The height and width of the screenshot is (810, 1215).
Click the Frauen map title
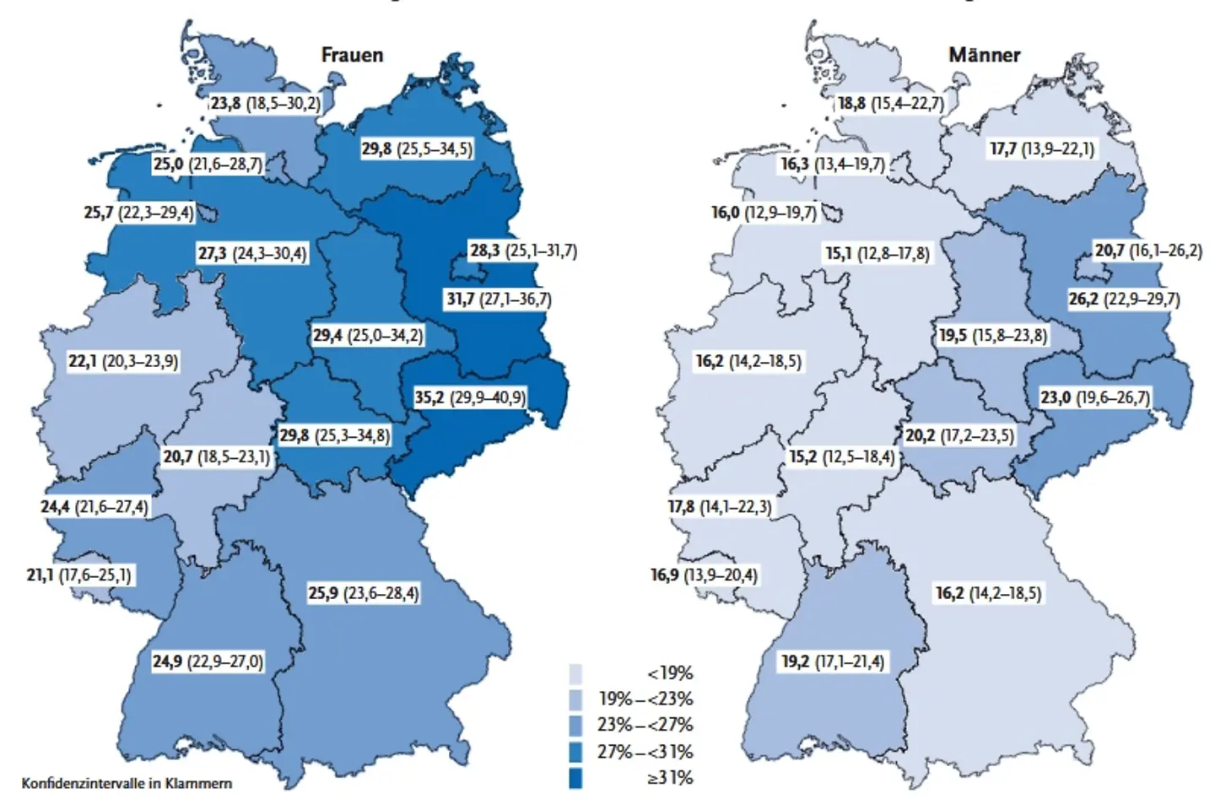(x=352, y=55)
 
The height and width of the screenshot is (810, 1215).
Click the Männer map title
(x=984, y=55)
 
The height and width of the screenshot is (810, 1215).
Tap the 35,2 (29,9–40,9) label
(x=469, y=397)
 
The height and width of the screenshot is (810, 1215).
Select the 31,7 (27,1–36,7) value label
(x=498, y=300)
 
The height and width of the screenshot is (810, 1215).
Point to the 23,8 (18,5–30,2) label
(x=265, y=104)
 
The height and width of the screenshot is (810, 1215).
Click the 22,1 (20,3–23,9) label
(x=123, y=361)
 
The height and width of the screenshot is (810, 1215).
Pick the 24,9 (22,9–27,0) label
(x=208, y=661)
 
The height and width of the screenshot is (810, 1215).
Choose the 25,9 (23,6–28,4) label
(x=363, y=593)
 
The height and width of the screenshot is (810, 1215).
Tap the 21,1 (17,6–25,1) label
(x=79, y=575)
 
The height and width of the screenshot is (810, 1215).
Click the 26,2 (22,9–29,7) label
(x=1124, y=300)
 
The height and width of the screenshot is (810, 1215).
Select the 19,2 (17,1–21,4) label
(x=833, y=661)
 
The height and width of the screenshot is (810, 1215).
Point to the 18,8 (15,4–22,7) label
(x=890, y=104)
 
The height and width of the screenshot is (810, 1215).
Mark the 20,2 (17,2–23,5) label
(x=959, y=436)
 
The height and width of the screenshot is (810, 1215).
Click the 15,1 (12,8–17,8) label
(x=877, y=253)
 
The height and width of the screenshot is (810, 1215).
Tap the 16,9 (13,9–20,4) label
(x=704, y=575)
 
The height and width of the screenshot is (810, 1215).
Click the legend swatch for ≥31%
(x=575, y=778)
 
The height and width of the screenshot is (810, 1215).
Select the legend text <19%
(x=670, y=673)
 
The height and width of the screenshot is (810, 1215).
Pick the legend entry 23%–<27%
(x=645, y=725)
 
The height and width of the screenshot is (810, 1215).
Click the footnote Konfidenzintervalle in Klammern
(x=127, y=783)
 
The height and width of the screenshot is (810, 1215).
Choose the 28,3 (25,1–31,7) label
(x=523, y=251)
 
